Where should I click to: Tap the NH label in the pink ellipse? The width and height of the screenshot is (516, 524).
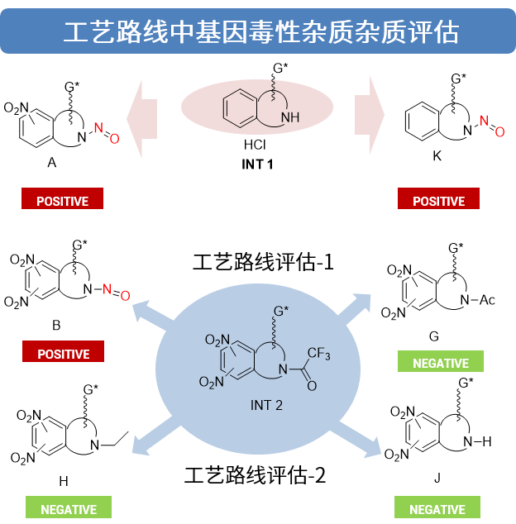(290, 117)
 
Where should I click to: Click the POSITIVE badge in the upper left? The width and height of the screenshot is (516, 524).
(62, 200)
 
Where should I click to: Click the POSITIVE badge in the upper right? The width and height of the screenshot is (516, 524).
(438, 200)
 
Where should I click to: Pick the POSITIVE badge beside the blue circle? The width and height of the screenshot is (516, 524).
(63, 353)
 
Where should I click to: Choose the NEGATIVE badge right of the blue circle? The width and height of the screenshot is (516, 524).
(440, 362)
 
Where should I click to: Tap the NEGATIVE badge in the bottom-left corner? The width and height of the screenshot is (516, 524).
(69, 508)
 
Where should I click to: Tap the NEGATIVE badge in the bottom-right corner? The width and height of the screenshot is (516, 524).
(437, 508)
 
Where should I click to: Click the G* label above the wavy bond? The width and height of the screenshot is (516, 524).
(282, 312)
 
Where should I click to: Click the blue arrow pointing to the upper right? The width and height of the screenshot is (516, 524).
(357, 307)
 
